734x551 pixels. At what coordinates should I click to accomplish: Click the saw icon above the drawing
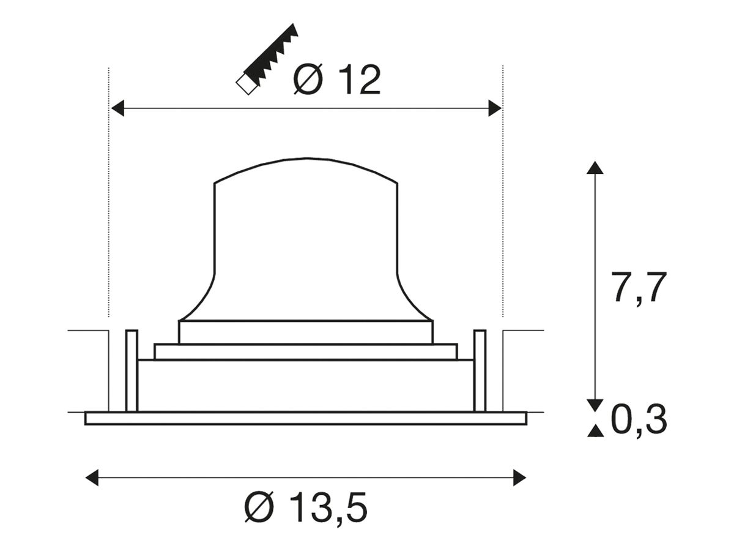pos(267,59)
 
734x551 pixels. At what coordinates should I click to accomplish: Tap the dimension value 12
pos(360,80)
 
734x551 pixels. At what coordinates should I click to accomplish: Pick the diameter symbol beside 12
pos(308,80)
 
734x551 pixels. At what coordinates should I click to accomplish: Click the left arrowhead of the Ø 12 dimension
pos(117,108)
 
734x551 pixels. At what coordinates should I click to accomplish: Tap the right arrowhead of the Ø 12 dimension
pos(495,108)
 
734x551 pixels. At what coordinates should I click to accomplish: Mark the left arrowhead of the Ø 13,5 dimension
pos(92,478)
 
